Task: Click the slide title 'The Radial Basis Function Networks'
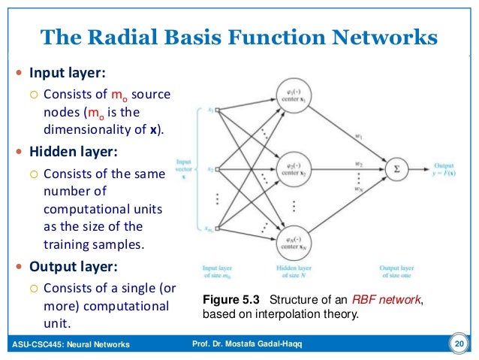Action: point(238,35)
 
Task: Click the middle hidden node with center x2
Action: point(294,169)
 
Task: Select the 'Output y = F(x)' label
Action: point(449,169)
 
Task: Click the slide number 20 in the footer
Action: point(458,344)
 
